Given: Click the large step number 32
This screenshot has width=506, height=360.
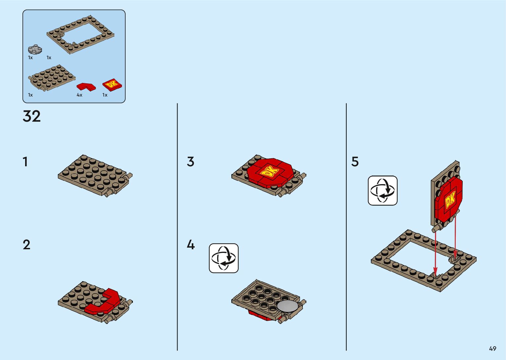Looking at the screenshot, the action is [32, 116].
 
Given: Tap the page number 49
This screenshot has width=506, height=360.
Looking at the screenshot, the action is [492, 348].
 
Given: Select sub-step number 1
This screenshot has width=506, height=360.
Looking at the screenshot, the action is [25, 162].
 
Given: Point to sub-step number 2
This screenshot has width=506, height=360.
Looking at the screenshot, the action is [26, 245].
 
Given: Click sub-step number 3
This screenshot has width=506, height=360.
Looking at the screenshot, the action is [190, 162].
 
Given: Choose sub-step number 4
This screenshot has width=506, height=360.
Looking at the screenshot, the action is [191, 245].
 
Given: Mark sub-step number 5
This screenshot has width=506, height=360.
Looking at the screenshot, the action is [355, 162].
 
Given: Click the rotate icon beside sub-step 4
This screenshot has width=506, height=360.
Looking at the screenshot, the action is [224, 258].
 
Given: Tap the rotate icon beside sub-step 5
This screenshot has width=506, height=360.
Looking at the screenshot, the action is [383, 191].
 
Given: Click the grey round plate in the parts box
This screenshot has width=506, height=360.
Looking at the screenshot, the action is [35, 49].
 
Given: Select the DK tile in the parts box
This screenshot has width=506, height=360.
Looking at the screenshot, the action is [112, 85].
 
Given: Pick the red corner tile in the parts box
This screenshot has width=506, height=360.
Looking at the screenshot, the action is [86, 87].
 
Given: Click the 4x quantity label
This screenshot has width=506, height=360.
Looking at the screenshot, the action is [79, 95].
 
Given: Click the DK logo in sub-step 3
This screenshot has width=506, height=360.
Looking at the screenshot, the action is [270, 172].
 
